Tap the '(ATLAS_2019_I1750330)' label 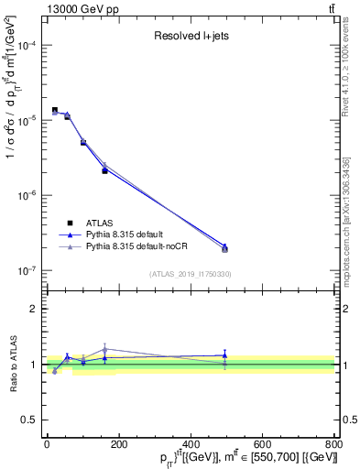click(191, 274)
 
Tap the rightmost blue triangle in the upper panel click(224, 246)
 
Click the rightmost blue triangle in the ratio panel click(224, 354)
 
